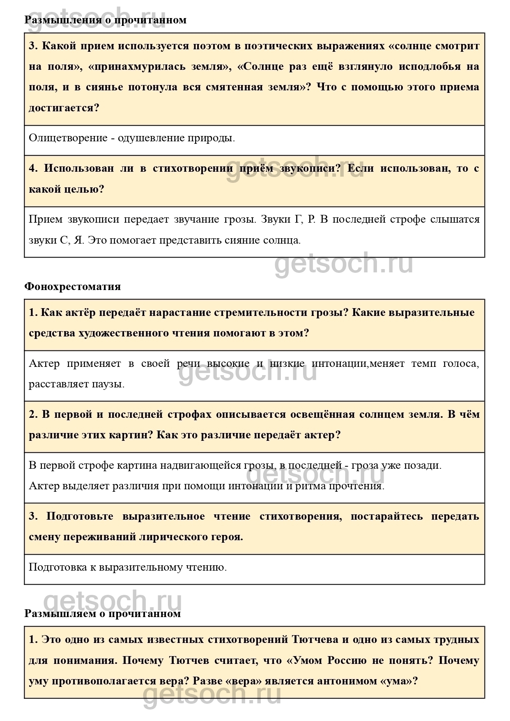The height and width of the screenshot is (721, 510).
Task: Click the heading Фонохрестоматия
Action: click(x=73, y=286)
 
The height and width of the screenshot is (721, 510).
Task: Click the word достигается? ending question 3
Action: click(x=64, y=108)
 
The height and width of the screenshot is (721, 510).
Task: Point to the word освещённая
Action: click(x=322, y=414)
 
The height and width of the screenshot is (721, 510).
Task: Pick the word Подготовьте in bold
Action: click(x=80, y=516)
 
